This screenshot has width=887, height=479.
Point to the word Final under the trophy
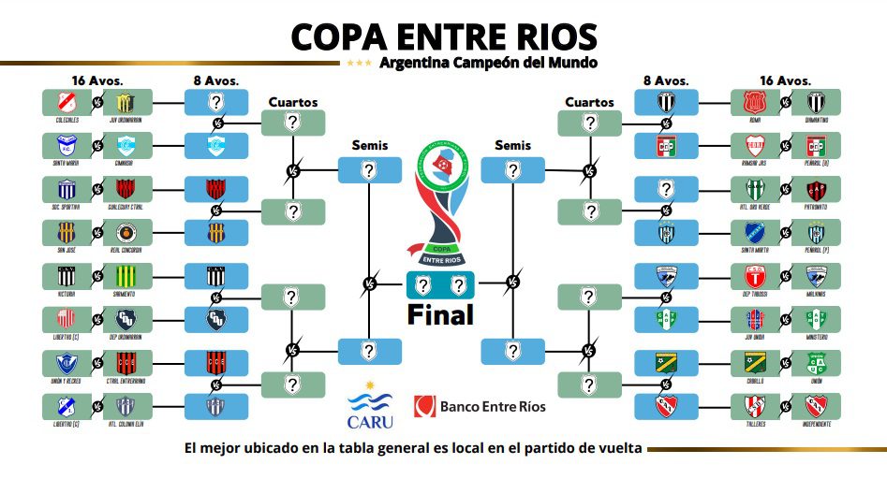[440, 315]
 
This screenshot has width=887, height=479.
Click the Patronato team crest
[811, 189]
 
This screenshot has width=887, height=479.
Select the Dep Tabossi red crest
[755, 276]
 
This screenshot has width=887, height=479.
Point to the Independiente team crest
[811, 406]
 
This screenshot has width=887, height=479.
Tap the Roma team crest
[755, 102]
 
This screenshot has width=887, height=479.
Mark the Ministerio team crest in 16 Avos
[811, 319]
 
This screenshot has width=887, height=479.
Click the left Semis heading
[369, 145]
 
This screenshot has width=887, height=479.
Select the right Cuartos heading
[589, 102]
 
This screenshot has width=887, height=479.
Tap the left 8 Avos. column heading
[217, 79]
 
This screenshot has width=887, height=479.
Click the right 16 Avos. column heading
[783, 79]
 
